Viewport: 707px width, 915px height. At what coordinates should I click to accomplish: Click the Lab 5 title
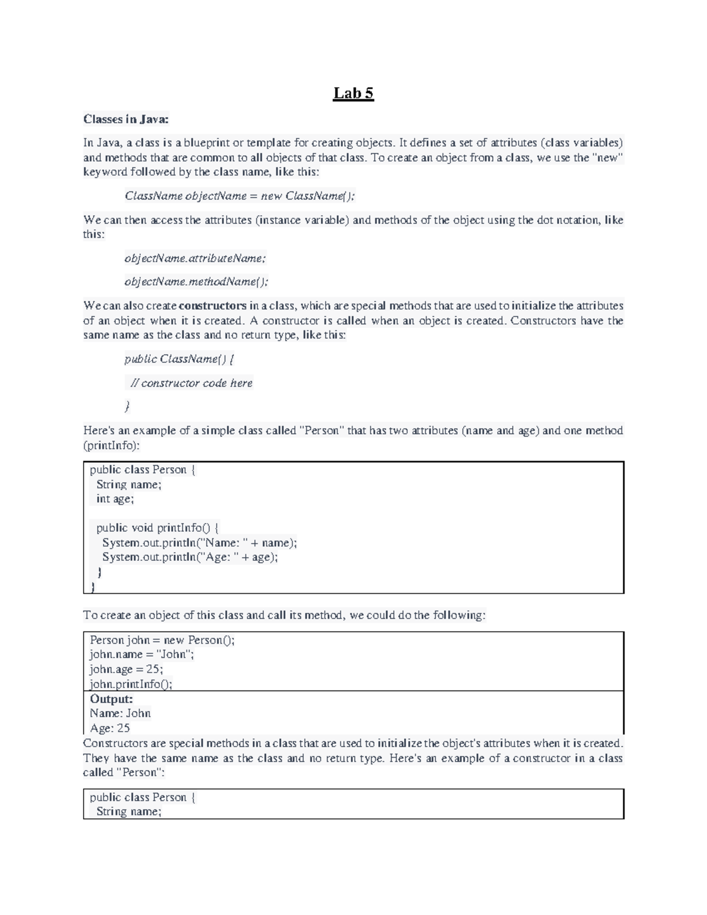pyautogui.click(x=353, y=94)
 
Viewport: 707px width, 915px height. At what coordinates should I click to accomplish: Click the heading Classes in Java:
pyautogui.click(x=126, y=120)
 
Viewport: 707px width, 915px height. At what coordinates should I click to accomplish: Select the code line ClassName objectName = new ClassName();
pyautogui.click(x=240, y=196)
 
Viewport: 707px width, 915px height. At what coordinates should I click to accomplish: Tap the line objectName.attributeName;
pyautogui.click(x=195, y=258)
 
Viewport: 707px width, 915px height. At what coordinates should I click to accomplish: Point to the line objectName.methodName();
pyautogui.click(x=196, y=282)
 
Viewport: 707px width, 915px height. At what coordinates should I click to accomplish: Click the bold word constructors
pyautogui.click(x=212, y=306)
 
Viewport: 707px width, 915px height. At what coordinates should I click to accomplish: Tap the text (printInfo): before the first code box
pyautogui.click(x=111, y=445)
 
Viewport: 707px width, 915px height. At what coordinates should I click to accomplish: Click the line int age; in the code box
pyautogui.click(x=115, y=499)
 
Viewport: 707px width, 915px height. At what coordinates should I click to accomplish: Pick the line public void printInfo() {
pyautogui.click(x=157, y=528)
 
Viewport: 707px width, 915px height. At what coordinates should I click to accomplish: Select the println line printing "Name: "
pyautogui.click(x=200, y=543)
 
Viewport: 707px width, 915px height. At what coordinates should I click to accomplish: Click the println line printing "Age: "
pyautogui.click(x=190, y=557)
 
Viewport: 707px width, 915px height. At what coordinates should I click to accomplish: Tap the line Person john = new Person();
pyautogui.click(x=162, y=640)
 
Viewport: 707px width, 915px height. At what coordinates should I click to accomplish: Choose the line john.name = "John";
pyautogui.click(x=141, y=655)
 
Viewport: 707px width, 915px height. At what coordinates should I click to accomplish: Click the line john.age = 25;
pyautogui.click(x=126, y=669)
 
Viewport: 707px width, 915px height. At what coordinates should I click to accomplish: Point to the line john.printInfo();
pyautogui.click(x=131, y=684)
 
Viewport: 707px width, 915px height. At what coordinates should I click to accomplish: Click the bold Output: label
pyautogui.click(x=111, y=699)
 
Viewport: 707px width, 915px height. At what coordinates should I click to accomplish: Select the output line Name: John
pyautogui.click(x=120, y=713)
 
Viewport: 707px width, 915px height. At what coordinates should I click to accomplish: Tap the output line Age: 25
pyautogui.click(x=110, y=728)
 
